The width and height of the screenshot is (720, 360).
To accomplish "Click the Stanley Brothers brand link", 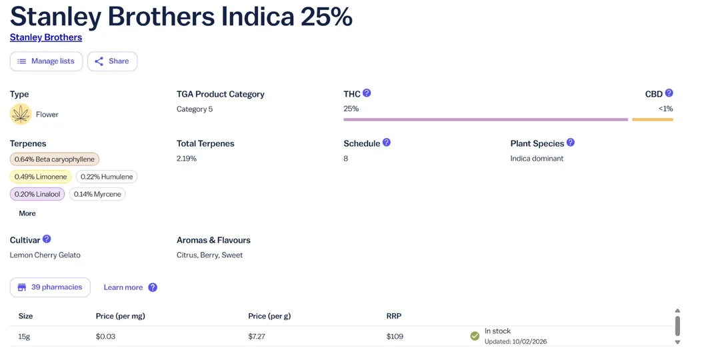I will click(x=46, y=37).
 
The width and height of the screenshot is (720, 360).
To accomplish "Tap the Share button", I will click(x=112, y=61).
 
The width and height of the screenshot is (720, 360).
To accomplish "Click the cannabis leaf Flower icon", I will click(x=21, y=114).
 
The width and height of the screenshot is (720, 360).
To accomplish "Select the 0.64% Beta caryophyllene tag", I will click(x=55, y=159).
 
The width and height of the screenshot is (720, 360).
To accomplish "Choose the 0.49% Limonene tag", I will click(x=41, y=177).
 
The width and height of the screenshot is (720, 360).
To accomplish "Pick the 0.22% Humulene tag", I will click(x=107, y=177).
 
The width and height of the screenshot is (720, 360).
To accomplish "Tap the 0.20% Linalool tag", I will click(x=37, y=194).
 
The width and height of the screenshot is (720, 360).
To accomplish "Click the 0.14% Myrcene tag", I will click(x=97, y=194).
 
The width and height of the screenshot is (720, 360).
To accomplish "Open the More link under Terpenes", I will click(x=27, y=213).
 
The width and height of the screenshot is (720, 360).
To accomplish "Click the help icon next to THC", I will click(x=367, y=93).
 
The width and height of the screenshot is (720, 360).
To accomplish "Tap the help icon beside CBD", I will click(x=669, y=93).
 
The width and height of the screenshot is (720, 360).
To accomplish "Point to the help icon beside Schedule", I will click(x=387, y=143).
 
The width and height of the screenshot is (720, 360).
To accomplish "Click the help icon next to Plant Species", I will click(x=571, y=143).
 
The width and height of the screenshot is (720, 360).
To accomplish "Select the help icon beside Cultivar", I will click(x=47, y=239).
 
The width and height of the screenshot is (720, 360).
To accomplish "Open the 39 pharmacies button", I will click(x=50, y=287).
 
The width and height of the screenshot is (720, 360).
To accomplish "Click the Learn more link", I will click(x=123, y=287).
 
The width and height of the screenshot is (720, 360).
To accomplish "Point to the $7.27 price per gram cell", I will click(x=257, y=337).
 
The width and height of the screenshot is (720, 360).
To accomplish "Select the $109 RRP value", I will click(x=395, y=337).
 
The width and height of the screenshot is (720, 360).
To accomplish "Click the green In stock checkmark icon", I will click(x=475, y=336).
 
